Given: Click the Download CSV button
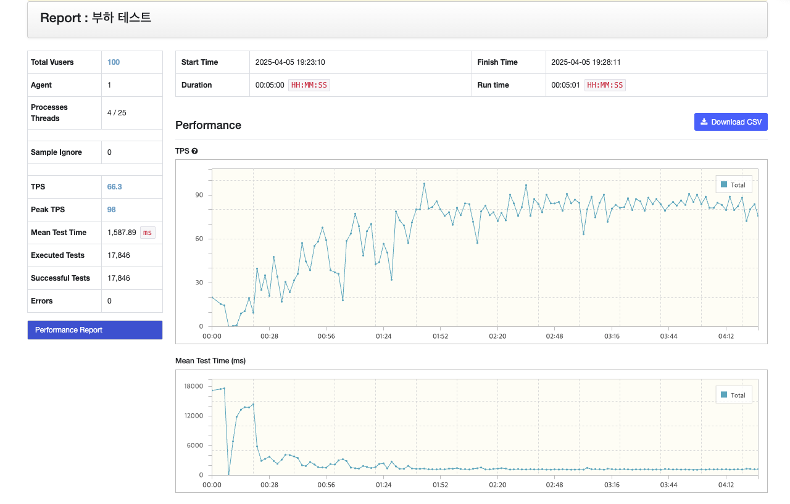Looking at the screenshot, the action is (731, 122).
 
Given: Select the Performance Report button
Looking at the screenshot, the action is (95, 330).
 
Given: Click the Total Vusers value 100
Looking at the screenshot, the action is (114, 62).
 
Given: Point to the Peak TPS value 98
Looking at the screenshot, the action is (112, 210).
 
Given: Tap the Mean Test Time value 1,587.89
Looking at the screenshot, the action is (122, 233).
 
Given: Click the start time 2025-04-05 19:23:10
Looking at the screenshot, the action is (290, 62).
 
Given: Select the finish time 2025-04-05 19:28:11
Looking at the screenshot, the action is (586, 62).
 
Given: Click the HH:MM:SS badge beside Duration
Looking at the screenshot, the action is (309, 85).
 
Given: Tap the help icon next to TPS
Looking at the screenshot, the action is (194, 151).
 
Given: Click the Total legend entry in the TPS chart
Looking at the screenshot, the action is (734, 184).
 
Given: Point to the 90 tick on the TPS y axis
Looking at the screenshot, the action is (199, 195).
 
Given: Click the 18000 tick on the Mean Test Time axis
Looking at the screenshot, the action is (194, 386).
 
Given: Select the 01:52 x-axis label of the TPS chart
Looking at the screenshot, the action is (440, 336).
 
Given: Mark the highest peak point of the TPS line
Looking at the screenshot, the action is (424, 184).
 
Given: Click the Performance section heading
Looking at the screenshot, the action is (208, 125).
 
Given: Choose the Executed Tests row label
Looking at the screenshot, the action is (57, 255).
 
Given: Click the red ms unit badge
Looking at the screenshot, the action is (148, 233).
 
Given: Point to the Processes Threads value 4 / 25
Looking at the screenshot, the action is (117, 113).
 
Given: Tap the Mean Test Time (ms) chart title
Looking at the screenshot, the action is (210, 361).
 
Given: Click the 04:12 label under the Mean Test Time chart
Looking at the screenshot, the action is (726, 485).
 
